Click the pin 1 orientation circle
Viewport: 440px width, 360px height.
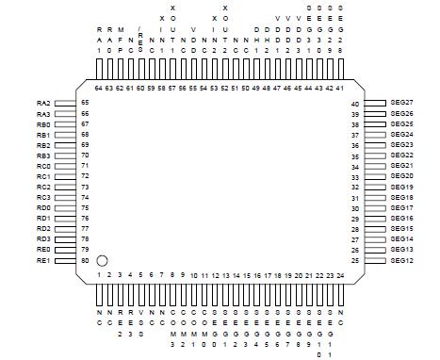(x=103, y=259)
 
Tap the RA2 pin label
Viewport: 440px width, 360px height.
(x=43, y=103)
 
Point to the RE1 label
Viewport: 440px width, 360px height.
(x=43, y=259)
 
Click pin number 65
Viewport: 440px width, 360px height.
(x=85, y=103)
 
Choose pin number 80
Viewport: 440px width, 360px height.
(x=85, y=259)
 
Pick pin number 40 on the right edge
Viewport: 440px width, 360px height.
(x=355, y=104)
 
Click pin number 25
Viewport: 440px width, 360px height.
(x=355, y=260)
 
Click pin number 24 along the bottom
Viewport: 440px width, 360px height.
(x=340, y=275)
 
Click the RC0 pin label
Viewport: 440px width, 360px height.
(x=43, y=166)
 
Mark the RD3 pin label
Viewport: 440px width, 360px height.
(x=43, y=238)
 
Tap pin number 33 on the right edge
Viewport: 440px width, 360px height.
(x=355, y=176)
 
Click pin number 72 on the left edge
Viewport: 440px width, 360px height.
(x=85, y=176)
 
